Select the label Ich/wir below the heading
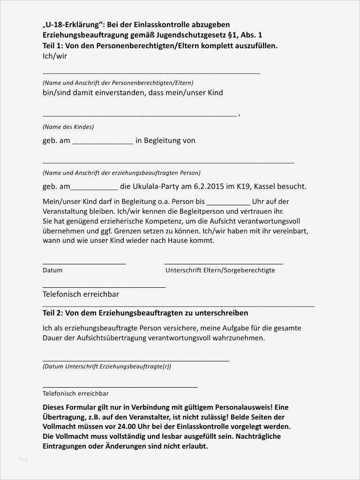pyautogui.click(x=54, y=56)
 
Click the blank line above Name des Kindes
pyautogui.click(x=139, y=114)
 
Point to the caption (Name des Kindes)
pyautogui.click(x=68, y=127)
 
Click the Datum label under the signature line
pyautogui.click(x=52, y=270)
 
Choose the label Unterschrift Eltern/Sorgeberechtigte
pyautogui.click(x=220, y=270)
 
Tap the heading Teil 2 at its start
pyautogui.click(x=51, y=313)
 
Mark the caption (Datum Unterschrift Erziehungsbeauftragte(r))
pyautogui.click(x=106, y=367)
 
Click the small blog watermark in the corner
pyautogui.click(x=23, y=458)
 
